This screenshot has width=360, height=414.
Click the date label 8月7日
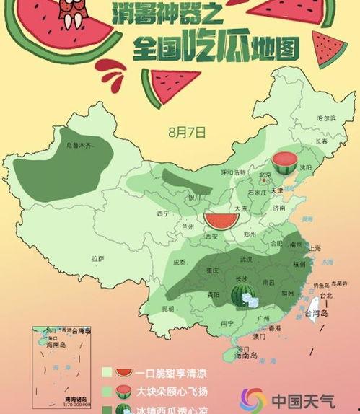187,132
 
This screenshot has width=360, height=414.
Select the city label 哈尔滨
326,117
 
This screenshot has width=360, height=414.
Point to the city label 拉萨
98,258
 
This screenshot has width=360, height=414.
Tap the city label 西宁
163,213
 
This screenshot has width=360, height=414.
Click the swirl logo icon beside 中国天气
253,399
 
